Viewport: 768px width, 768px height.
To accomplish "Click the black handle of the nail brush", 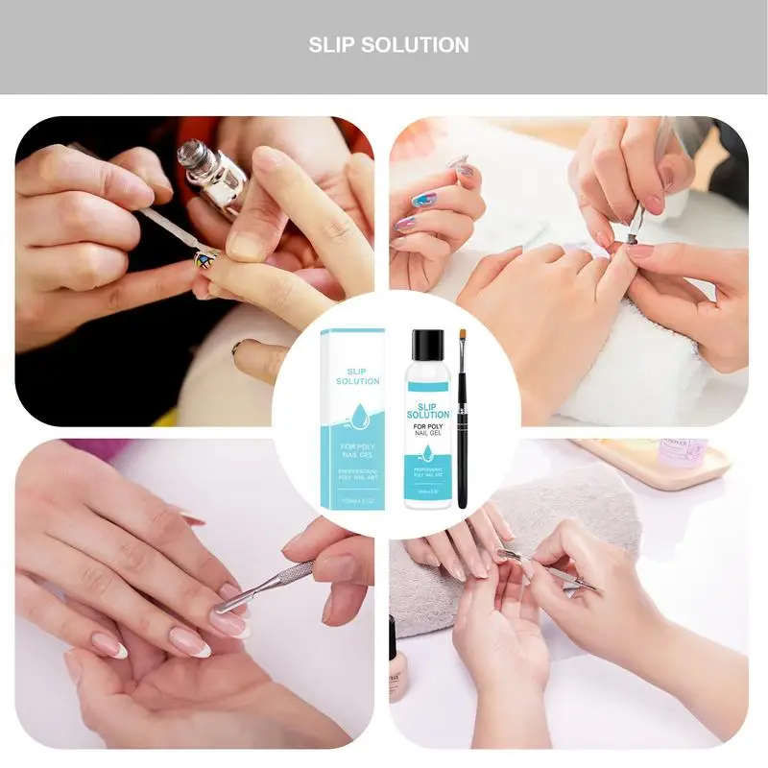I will click(x=463, y=451).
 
